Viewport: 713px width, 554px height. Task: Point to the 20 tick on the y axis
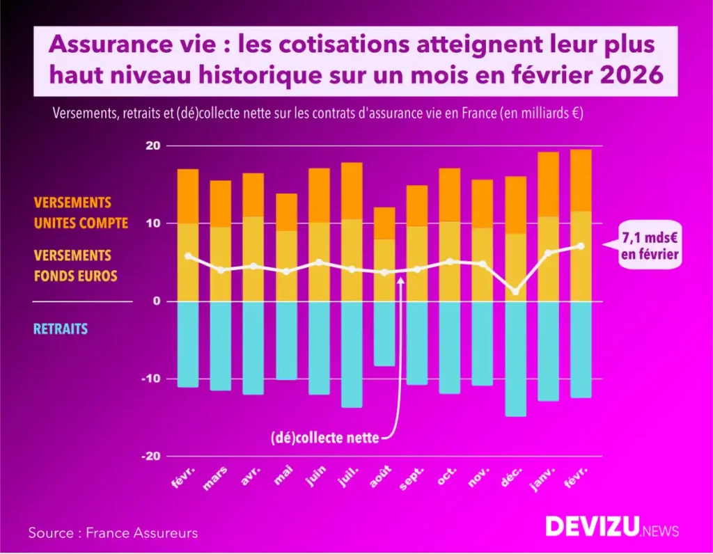[x=152, y=146]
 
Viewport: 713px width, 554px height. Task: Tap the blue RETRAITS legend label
[x=61, y=329]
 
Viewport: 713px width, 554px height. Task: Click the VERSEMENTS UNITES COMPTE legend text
[x=81, y=213]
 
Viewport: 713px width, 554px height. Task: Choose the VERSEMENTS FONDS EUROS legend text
[x=75, y=266]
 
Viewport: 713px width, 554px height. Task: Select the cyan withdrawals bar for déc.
[x=516, y=358]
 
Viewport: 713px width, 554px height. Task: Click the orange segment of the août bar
[x=383, y=223]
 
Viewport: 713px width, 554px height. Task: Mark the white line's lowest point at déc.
[x=516, y=292]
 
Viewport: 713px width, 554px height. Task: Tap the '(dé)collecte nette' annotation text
[x=325, y=438]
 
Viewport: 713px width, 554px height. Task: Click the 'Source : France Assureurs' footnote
[x=113, y=533]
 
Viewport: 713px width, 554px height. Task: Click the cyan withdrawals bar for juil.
[x=352, y=354]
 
